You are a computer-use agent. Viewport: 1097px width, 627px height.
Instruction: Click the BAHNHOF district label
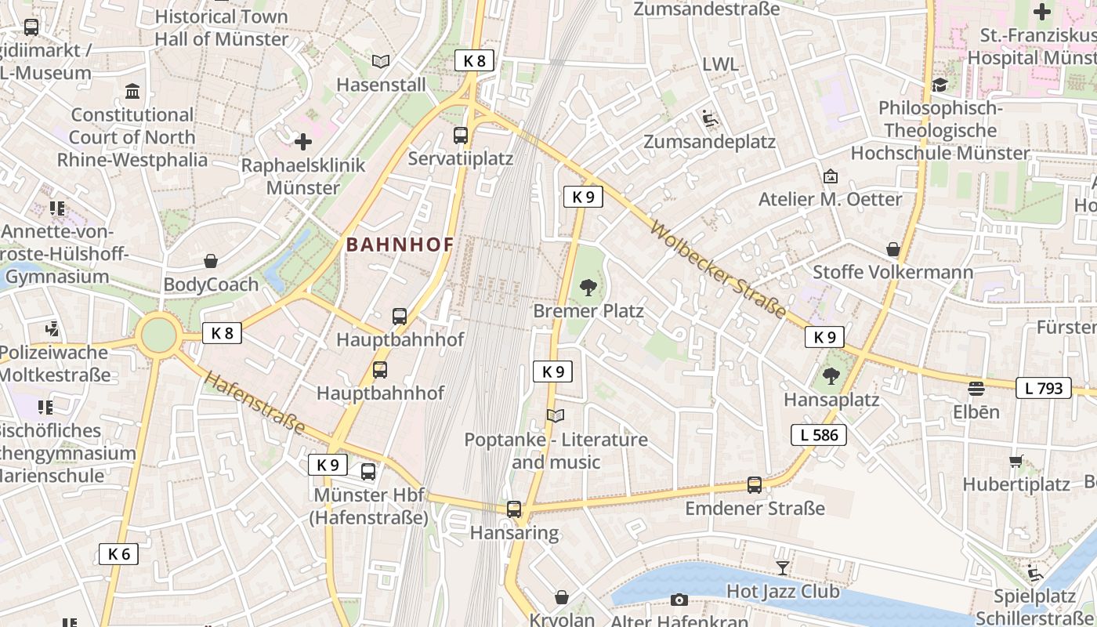pyautogui.click(x=400, y=245)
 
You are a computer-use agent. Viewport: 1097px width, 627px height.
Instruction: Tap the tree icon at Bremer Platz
pyautogui.click(x=588, y=288)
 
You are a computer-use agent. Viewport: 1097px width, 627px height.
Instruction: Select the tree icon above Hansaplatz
pyautogui.click(x=831, y=377)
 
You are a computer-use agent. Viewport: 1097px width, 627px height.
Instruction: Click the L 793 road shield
pyautogui.click(x=1043, y=388)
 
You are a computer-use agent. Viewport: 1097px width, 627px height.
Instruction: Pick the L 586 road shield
pyautogui.click(x=819, y=435)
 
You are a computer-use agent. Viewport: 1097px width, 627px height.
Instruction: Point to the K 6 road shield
pyautogui.click(x=118, y=554)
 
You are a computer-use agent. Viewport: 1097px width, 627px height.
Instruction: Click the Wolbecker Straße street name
pyautogui.click(x=718, y=271)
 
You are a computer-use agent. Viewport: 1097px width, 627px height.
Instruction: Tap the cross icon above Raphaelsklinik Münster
pyautogui.click(x=303, y=142)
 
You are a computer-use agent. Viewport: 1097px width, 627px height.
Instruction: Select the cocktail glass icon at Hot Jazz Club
pyautogui.click(x=782, y=568)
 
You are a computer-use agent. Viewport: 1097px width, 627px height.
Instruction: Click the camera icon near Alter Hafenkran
pyautogui.click(x=679, y=600)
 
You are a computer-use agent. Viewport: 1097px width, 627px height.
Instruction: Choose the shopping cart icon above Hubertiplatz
pyautogui.click(x=1016, y=461)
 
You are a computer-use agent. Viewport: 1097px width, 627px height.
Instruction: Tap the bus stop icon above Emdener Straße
pyautogui.click(x=754, y=485)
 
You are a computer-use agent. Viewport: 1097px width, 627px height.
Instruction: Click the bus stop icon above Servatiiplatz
pyautogui.click(x=461, y=136)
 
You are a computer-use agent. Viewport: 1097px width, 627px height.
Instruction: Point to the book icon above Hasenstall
pyautogui.click(x=381, y=61)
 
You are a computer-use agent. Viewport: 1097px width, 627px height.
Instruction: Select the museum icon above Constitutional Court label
pyautogui.click(x=132, y=92)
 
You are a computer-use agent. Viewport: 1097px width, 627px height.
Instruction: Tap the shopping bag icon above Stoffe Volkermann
pyautogui.click(x=893, y=249)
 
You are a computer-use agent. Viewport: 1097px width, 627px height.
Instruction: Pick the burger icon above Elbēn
pyautogui.click(x=976, y=388)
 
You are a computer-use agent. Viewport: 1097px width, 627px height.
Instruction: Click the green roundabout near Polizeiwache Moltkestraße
pyautogui.click(x=159, y=335)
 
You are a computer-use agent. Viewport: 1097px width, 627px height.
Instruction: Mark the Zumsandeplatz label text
pyautogui.click(x=709, y=142)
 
